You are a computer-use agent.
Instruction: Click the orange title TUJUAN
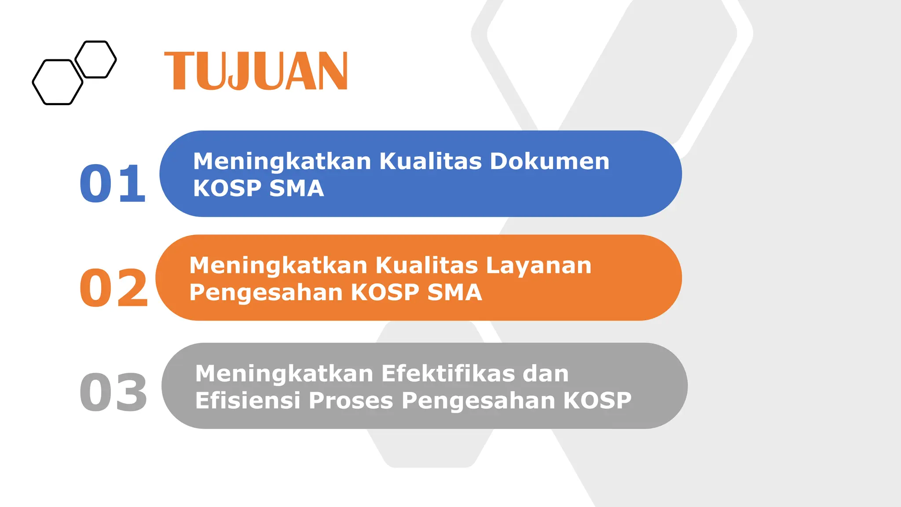(x=256, y=71)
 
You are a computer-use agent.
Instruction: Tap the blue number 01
(x=113, y=183)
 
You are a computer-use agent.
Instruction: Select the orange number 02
(x=114, y=288)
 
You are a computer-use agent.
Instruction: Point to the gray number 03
(x=114, y=392)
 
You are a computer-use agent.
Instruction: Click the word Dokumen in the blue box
(x=549, y=161)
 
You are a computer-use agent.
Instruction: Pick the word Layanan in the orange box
(x=538, y=266)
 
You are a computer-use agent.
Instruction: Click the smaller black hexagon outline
(x=95, y=59)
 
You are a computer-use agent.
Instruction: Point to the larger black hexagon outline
(x=58, y=82)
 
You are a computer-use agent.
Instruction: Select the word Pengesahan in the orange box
(x=266, y=293)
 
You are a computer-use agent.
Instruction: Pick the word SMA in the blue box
(x=297, y=188)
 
